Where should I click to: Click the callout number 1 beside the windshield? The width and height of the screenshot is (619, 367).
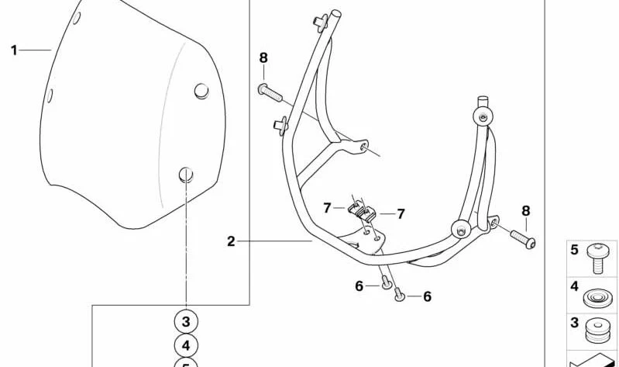(x=14, y=50)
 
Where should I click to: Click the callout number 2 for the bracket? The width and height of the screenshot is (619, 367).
(x=231, y=241)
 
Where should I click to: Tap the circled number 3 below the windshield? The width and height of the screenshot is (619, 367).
(x=186, y=322)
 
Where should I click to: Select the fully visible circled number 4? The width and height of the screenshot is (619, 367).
(x=186, y=345)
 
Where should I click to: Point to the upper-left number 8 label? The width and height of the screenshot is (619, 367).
(x=263, y=58)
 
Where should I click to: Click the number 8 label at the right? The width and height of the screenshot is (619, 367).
(x=526, y=211)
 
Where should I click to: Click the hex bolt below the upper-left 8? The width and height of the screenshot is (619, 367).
(x=270, y=92)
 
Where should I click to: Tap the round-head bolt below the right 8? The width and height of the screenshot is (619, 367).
(x=523, y=239)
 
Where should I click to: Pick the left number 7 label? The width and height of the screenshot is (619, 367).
(x=327, y=208)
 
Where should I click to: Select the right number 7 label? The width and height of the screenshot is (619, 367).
(x=401, y=214)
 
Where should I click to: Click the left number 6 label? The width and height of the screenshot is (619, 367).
(x=359, y=286)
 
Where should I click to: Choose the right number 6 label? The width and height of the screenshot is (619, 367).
(x=428, y=296)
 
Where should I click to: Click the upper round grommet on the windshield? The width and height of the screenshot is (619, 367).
(x=201, y=92)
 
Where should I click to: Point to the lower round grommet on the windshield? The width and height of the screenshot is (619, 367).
(x=186, y=175)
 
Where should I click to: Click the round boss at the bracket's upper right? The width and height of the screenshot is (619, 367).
(x=483, y=116)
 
